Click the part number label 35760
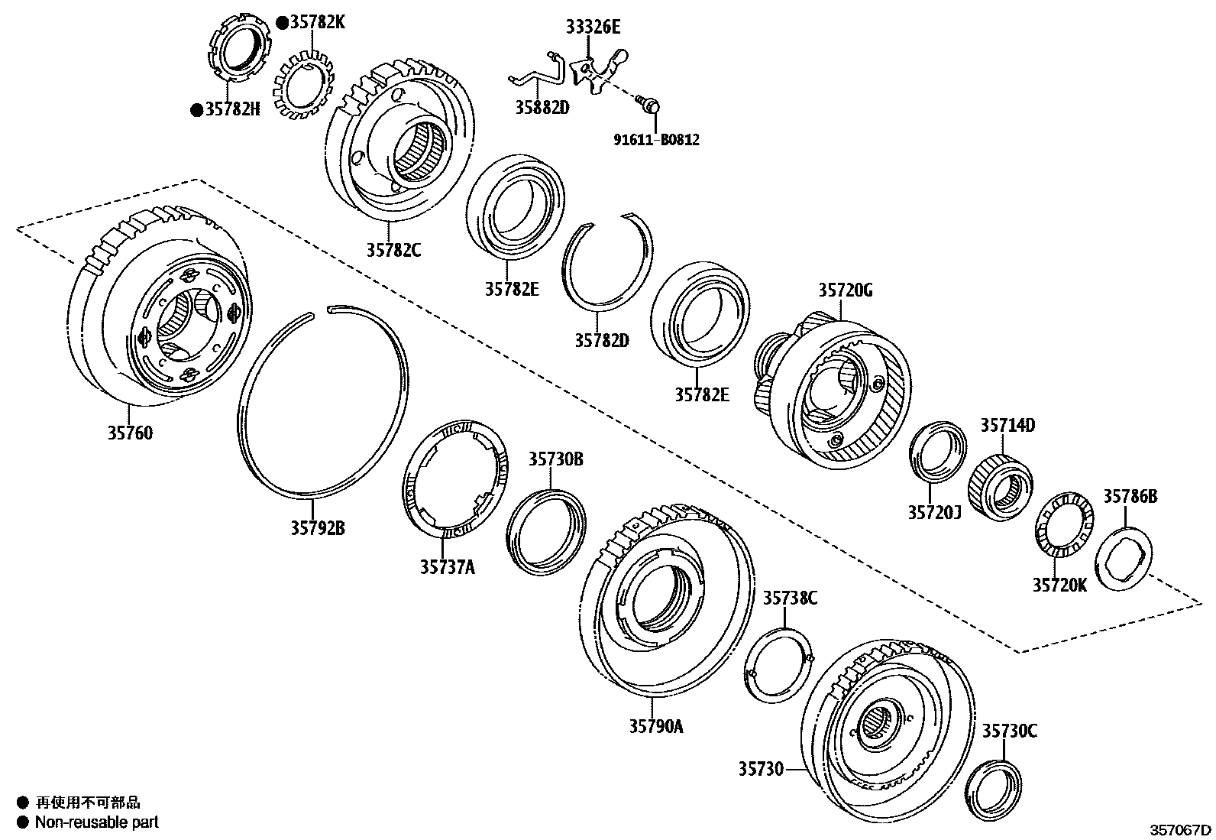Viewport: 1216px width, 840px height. pos(130,433)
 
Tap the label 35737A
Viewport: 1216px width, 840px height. pos(447,566)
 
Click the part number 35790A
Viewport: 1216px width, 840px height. pos(656,726)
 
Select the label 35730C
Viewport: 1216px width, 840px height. pos(1009,731)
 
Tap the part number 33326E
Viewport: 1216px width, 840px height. pos(593,28)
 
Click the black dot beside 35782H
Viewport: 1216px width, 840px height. pos(196,110)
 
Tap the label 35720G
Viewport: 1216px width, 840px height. pos(845,290)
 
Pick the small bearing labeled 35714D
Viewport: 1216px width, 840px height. pos(1001,487)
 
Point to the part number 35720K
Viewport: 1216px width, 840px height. pos(1059,585)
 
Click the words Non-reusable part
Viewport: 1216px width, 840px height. pos(98,822)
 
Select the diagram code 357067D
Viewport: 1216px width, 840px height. pos(1182,829)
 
